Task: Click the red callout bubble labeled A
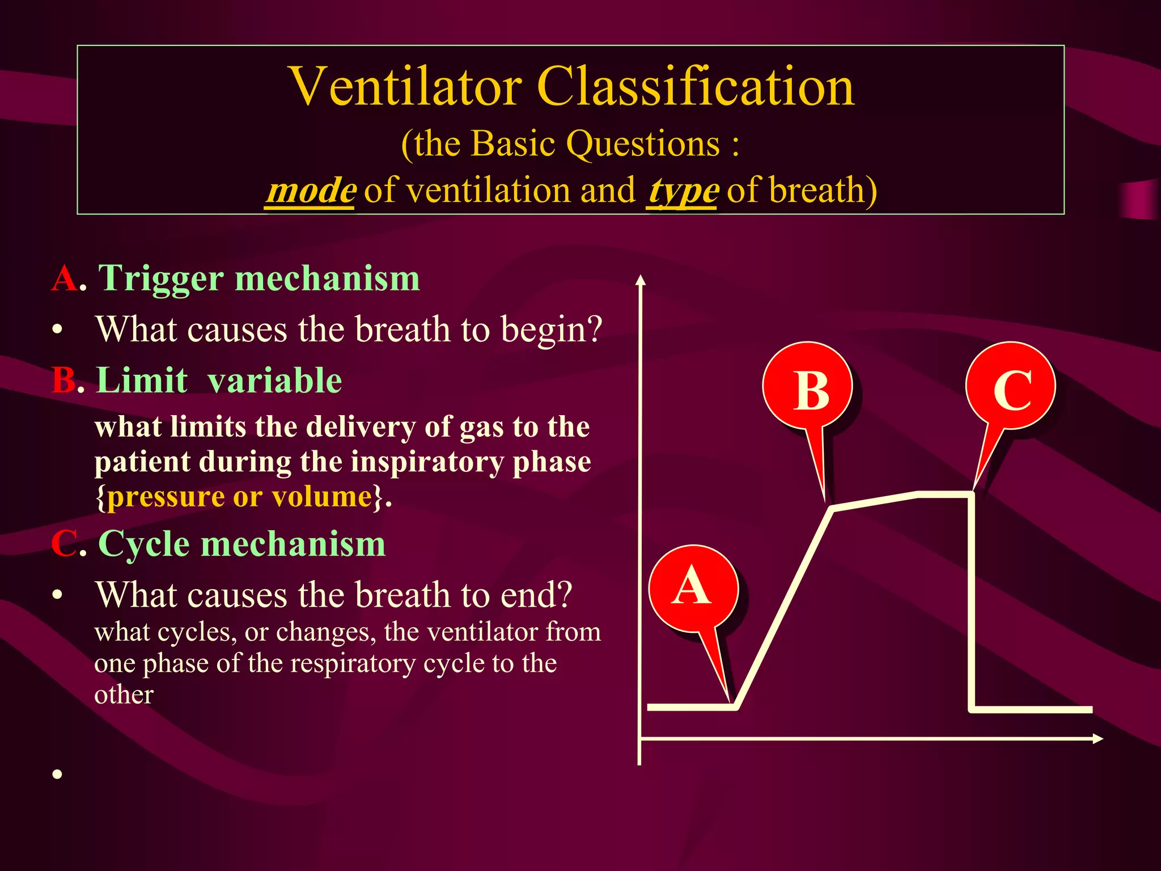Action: pyautogui.click(x=693, y=588)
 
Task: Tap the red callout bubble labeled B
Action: pyautogui.click(x=808, y=387)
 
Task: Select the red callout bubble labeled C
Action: pyautogui.click(x=1011, y=387)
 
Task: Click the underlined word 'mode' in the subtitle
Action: pyautogui.click(x=311, y=191)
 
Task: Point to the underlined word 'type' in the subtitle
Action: pyautogui.click(x=683, y=191)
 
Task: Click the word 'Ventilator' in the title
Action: pyautogui.click(x=405, y=87)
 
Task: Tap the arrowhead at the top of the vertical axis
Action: pyautogui.click(x=641, y=280)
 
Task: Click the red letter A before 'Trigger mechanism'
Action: pyautogui.click(x=64, y=278)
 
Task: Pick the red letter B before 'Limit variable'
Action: pyautogui.click(x=62, y=380)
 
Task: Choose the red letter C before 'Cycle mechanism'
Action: pyautogui.click(x=63, y=544)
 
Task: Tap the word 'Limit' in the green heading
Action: pyautogui.click(x=142, y=380)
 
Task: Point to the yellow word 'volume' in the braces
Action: pyautogui.click(x=321, y=497)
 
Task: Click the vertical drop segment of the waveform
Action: pyautogui.click(x=972, y=601)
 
